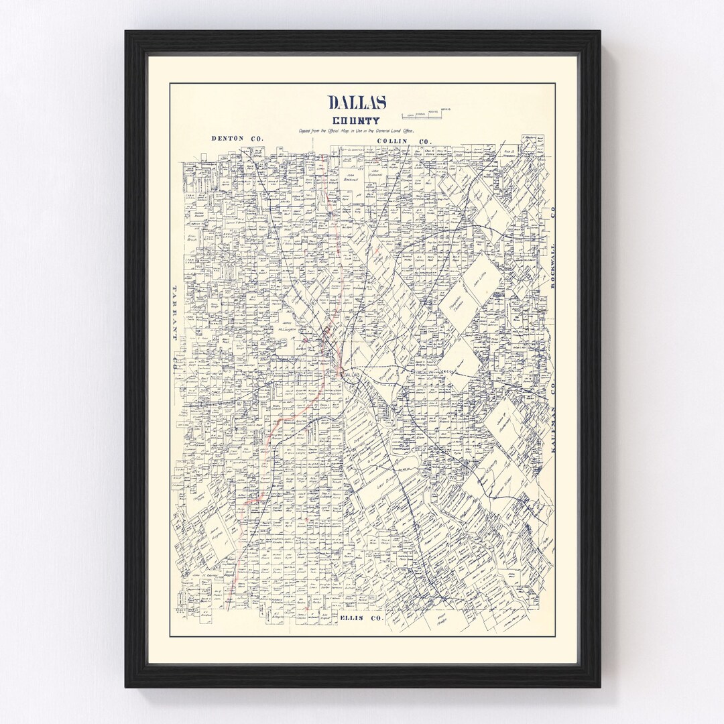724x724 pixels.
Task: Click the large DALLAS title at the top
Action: (357, 103)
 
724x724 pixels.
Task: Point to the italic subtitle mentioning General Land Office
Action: (357, 131)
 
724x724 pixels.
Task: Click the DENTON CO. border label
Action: (237, 139)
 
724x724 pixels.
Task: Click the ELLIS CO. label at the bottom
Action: (361, 617)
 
